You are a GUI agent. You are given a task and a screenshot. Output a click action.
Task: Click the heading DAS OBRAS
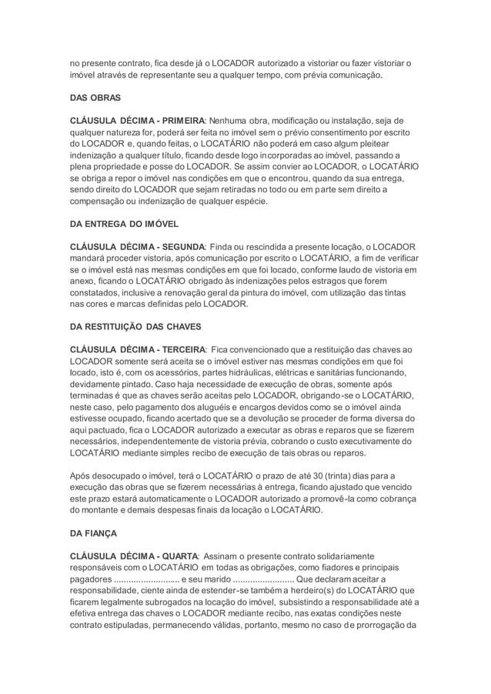pyautogui.click(x=93, y=99)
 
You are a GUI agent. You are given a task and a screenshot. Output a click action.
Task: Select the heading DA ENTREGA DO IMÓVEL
pyautogui.click(x=124, y=224)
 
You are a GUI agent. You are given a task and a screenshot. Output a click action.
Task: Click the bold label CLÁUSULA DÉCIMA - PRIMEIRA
pyautogui.click(x=138, y=121)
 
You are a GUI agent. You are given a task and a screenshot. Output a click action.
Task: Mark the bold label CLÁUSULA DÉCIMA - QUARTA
pyautogui.click(x=135, y=555)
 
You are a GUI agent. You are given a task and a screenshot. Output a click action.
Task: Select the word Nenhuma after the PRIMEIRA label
pyautogui.click(x=232, y=121)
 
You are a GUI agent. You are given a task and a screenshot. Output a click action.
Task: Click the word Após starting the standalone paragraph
pyautogui.click(x=82, y=475)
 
